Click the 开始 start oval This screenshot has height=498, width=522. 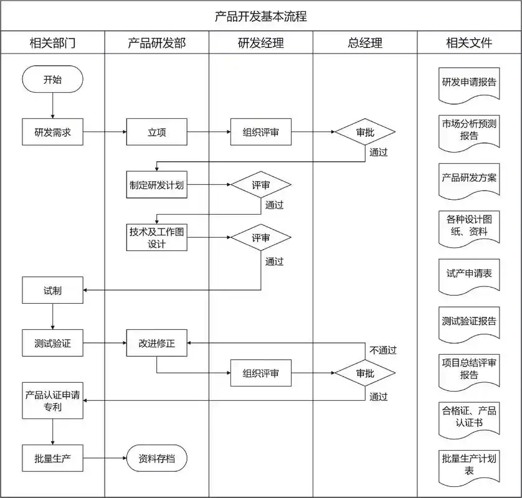pos(52,80)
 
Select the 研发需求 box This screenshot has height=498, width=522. pos(52,132)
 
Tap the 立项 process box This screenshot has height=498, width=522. pos(157,132)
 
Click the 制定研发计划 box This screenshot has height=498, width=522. pos(157,185)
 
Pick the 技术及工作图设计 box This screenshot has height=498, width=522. pos(157,237)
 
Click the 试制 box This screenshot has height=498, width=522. pos(52,290)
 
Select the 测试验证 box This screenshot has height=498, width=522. pos(52,343)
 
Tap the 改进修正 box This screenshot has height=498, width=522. pos(157,343)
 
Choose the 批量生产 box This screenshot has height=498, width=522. pos(52,459)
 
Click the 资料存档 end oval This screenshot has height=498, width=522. pos(157,459)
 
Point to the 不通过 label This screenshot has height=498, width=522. pos(382,350)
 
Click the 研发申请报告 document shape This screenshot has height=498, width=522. pos(469,83)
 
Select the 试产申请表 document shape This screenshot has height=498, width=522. pos(469,274)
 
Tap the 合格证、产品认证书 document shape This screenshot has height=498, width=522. pos(469,416)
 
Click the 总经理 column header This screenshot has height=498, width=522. pos(365,43)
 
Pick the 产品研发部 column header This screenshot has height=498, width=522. pos(157,43)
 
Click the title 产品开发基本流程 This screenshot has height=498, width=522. pos(261,16)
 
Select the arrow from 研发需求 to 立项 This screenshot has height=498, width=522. pos(105,132)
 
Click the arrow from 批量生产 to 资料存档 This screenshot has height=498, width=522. pos(105,459)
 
